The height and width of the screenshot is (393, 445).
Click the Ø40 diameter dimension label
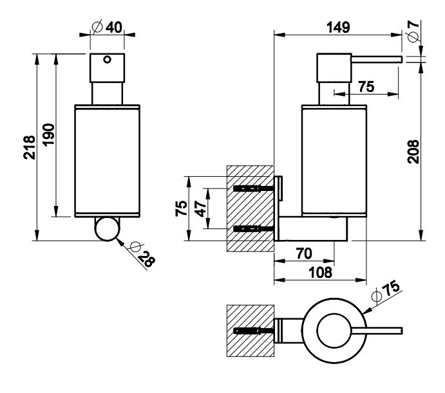click(108, 28)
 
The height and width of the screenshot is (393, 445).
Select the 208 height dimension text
click(413, 151)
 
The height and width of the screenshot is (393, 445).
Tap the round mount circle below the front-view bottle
click(108, 228)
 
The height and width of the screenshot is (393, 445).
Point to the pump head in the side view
click(333, 66)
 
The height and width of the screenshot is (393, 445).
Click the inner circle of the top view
click(333, 331)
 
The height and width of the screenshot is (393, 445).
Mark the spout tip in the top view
click(400, 331)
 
